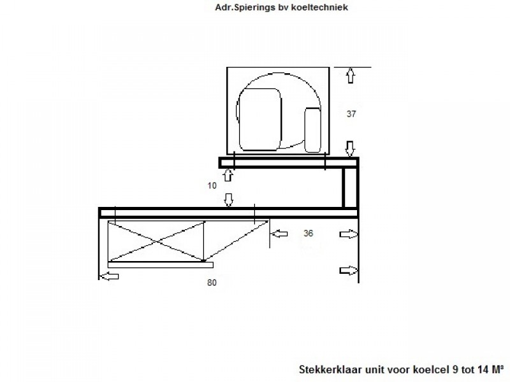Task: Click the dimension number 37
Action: pyautogui.click(x=351, y=114)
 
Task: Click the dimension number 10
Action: pyautogui.click(x=212, y=186)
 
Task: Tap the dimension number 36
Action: pyautogui.click(x=308, y=233)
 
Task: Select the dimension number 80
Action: pyautogui.click(x=212, y=283)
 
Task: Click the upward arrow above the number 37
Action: pyautogui.click(x=350, y=75)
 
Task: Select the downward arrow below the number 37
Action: pyautogui.click(x=350, y=149)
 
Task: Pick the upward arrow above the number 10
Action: pyautogui.click(x=228, y=176)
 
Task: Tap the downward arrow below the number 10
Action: pyautogui.click(x=229, y=200)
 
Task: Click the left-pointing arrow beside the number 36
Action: pyautogui.click(x=279, y=234)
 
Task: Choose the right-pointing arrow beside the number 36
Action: pyautogui.click(x=349, y=234)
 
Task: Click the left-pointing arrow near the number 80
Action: pyautogui.click(x=108, y=276)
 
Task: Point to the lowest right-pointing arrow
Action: pyautogui.click(x=349, y=271)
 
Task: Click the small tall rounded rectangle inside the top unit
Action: pyautogui.click(x=313, y=130)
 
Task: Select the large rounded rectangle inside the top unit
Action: pyautogui.click(x=260, y=120)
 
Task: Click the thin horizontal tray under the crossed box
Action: pyautogui.click(x=161, y=265)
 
